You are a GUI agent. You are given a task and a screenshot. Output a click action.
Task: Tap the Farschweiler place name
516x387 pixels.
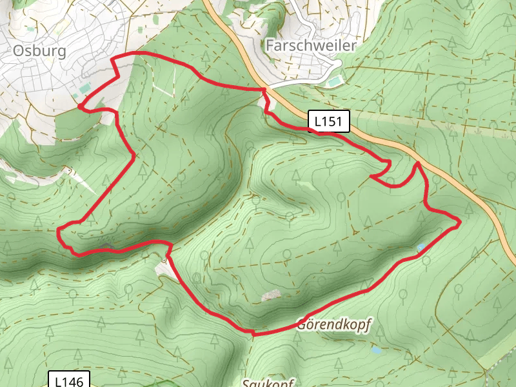tap(310, 45)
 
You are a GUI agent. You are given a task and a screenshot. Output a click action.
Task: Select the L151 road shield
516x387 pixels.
tap(330, 121)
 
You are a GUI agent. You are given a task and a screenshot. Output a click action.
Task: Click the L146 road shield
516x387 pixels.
tap(68, 381)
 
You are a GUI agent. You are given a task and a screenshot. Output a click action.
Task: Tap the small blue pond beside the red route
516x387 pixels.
tap(421, 247)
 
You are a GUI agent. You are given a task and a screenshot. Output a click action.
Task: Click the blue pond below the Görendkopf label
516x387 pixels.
tap(376, 351)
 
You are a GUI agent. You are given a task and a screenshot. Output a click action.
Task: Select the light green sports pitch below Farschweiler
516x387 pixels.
tap(333, 81)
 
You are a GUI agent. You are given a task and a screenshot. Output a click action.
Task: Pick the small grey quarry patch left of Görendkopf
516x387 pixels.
tap(272, 295)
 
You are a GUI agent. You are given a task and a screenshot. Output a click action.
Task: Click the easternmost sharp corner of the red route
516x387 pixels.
tap(460, 223)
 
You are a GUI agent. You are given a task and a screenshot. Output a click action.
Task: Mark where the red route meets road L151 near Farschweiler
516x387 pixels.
tap(264, 89)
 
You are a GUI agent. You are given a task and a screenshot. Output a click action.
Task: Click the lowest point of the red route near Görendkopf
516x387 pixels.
tap(253, 334)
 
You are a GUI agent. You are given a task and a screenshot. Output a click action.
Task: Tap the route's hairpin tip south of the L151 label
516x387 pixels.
tap(373, 175)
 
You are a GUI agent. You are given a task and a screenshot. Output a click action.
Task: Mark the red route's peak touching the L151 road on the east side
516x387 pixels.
tap(418, 163)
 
